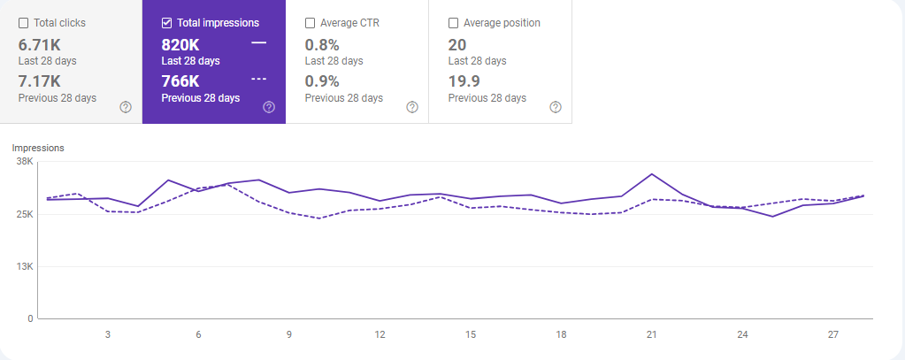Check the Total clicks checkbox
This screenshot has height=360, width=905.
pyautogui.click(x=24, y=23)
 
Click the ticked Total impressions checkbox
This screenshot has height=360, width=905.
pyautogui.click(x=166, y=23)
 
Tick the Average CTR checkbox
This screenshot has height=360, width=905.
pyautogui.click(x=310, y=23)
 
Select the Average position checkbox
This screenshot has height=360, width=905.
pyautogui.click(x=454, y=23)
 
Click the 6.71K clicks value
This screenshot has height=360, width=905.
pyautogui.click(x=40, y=44)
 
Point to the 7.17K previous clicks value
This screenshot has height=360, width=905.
pyautogui.click(x=40, y=81)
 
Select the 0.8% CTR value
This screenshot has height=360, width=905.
pyautogui.click(x=322, y=44)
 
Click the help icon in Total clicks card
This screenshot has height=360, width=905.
pyautogui.click(x=126, y=107)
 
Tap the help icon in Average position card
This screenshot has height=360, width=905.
pyautogui.click(x=556, y=107)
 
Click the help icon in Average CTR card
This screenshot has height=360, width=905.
pyautogui.click(x=412, y=107)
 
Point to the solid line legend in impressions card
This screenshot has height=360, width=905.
pyautogui.click(x=258, y=42)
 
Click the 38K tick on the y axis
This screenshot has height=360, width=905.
pyautogui.click(x=24, y=162)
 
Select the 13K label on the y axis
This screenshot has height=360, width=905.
pyautogui.click(x=24, y=266)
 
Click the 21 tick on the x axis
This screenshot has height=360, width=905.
pyautogui.click(x=651, y=334)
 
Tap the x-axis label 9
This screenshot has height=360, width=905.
pyautogui.click(x=289, y=334)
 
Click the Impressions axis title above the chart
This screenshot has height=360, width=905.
pyautogui.click(x=38, y=148)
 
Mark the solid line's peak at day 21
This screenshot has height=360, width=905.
pyautogui.click(x=651, y=174)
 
